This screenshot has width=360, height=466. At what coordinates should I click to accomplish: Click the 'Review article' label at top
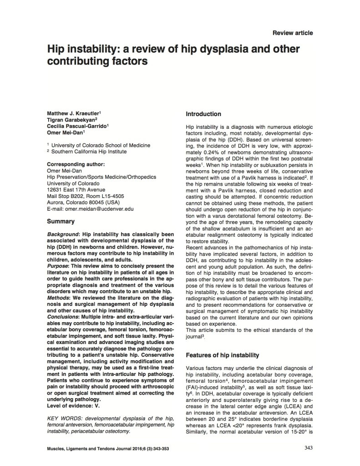(x=292, y=33)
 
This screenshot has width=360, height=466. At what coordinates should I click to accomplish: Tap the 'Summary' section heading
(x=61, y=222)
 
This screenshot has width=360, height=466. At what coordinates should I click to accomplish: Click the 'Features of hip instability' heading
(x=223, y=355)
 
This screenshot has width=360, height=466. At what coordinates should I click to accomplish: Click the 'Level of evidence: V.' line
(x=76, y=392)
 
